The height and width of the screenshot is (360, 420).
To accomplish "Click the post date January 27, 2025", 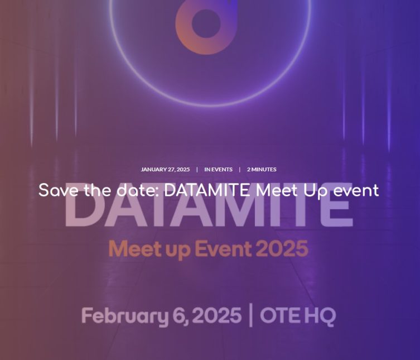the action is click(x=165, y=170).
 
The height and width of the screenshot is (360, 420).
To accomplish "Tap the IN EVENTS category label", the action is click(x=218, y=170).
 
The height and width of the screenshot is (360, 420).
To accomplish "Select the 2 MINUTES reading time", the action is click(x=262, y=170).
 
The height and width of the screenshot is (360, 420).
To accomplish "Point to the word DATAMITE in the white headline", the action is click(x=206, y=190).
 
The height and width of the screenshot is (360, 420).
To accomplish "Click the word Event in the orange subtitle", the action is click(x=223, y=248).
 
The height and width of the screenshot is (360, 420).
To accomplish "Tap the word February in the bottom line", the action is click(x=124, y=316).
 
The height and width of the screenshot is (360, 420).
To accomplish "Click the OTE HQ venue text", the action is click(x=298, y=316).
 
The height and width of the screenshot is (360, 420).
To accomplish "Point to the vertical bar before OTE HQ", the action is click(x=250, y=315).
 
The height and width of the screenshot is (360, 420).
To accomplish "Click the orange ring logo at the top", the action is click(x=206, y=27).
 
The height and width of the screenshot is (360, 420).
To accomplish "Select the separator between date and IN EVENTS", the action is click(x=197, y=170).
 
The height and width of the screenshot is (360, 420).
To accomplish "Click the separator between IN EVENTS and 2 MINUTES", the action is click(x=240, y=170).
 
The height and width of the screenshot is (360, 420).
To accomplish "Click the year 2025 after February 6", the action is click(x=217, y=315).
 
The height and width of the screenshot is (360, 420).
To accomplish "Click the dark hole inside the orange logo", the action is click(x=206, y=23).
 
